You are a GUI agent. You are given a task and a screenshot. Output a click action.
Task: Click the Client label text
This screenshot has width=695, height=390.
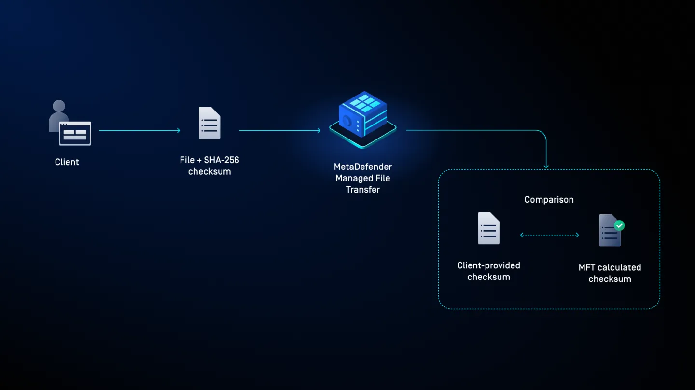[67, 162]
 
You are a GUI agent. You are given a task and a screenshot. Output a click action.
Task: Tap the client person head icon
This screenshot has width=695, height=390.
[59, 107]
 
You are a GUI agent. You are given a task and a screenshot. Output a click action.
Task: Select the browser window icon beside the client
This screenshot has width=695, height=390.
[75, 133]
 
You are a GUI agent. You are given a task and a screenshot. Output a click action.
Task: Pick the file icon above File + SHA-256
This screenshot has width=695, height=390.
[209, 123]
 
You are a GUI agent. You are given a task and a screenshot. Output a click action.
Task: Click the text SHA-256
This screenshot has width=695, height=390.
[221, 160]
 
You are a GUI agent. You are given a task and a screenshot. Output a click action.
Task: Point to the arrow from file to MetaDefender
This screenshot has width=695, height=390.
[279, 130]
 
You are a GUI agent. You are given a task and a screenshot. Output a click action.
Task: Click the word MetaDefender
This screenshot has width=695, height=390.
[363, 167]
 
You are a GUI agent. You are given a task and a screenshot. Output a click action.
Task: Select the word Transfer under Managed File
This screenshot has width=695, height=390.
[363, 190]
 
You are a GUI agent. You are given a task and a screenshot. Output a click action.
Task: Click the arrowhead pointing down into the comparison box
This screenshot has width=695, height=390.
[546, 166]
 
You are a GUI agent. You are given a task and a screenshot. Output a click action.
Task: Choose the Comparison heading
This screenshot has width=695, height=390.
[549, 200]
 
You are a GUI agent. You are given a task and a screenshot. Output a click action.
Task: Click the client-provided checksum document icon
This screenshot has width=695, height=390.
[488, 228]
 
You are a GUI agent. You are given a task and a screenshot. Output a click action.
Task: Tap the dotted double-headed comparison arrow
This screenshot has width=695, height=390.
[549, 235]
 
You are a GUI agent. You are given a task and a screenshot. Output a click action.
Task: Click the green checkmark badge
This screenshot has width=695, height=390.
[619, 225]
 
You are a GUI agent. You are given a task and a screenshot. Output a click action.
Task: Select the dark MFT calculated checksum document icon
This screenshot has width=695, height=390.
[608, 232]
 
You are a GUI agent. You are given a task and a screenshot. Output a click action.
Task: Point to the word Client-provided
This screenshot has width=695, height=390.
[488, 265]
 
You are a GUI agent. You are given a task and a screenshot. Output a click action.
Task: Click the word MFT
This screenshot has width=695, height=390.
[587, 267]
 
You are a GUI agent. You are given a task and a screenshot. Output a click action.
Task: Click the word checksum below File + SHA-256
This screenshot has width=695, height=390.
[209, 172]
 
